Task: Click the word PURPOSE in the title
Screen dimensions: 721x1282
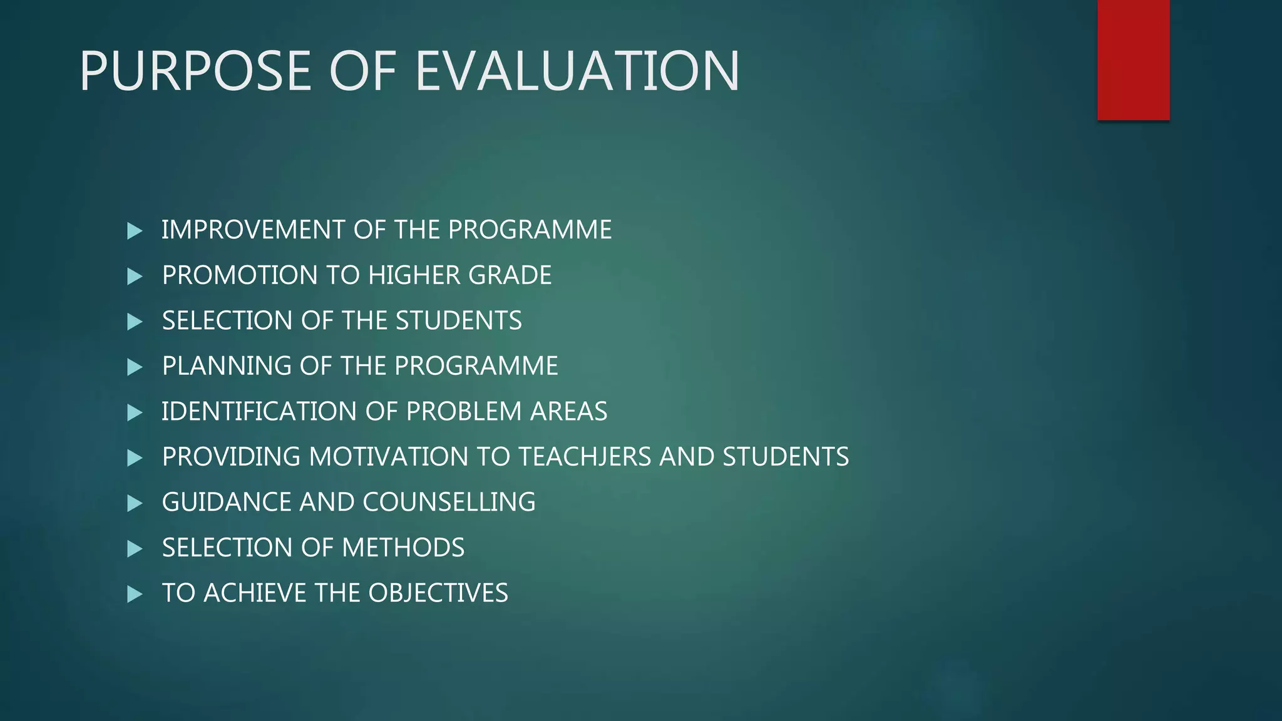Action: click(195, 71)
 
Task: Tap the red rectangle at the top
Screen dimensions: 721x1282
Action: click(1133, 59)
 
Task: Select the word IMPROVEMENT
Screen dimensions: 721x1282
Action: click(253, 230)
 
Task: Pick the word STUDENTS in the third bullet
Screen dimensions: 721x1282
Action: click(458, 320)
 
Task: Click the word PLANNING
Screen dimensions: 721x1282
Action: click(227, 366)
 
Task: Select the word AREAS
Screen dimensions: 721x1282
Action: click(568, 411)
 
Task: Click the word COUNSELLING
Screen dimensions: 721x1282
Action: click(449, 502)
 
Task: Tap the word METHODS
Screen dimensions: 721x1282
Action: click(403, 548)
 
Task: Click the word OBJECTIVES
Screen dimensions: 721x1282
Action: click(438, 593)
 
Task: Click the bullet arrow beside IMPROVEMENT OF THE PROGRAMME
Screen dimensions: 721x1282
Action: click(135, 231)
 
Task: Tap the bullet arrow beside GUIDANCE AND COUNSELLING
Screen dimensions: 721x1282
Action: click(135, 503)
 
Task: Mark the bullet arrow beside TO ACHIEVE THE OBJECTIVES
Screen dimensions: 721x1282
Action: click(135, 594)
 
